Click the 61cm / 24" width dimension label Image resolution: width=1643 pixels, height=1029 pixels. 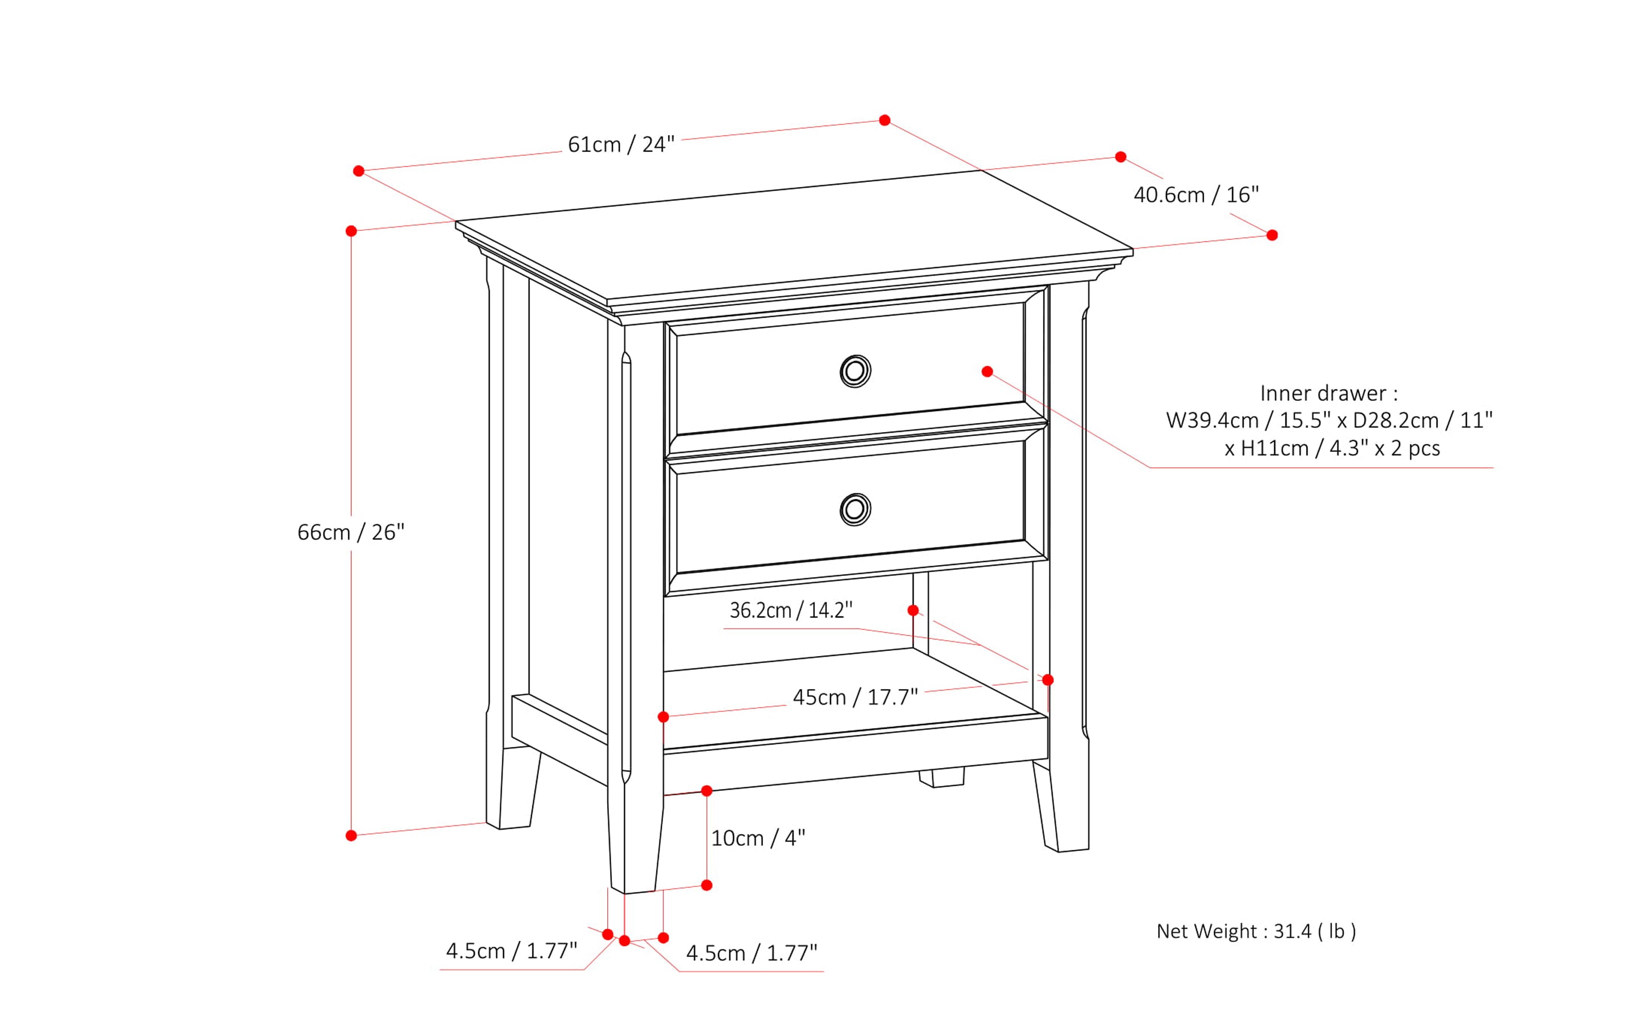621,145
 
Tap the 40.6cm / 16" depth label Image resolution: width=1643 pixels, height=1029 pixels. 1196,196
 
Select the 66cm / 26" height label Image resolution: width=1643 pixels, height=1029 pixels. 351,532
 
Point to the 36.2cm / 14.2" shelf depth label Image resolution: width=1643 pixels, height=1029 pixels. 790,611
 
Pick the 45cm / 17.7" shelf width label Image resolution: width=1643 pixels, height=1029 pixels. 855,698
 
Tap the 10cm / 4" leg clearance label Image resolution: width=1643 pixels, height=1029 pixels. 757,839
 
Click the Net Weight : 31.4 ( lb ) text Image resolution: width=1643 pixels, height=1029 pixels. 1256,931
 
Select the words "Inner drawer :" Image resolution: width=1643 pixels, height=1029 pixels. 1329,393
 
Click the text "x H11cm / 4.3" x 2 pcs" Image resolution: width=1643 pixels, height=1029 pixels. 1332,449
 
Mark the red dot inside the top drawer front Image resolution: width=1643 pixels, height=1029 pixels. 987,372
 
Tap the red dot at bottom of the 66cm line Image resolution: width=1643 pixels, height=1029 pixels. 351,836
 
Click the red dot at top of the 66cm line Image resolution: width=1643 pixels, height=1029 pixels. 351,231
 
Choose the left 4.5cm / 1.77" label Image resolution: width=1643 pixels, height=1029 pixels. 511,951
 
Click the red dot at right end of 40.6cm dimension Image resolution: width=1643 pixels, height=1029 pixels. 1271,235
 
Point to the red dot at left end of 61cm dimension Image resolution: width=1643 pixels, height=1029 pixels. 359,171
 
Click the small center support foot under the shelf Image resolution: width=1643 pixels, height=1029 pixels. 941,778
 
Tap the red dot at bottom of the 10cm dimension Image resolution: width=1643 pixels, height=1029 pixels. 707,885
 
